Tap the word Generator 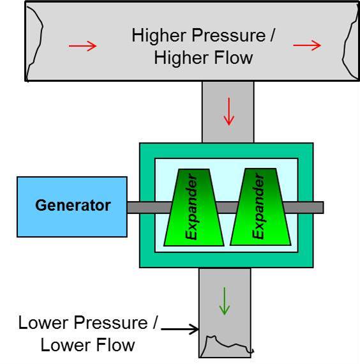click(x=73, y=206)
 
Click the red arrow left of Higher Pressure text click(x=83, y=45)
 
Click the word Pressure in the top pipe click(x=236, y=35)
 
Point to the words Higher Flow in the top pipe click(x=204, y=57)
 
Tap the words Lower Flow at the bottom click(x=87, y=345)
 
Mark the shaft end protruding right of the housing click(x=318, y=208)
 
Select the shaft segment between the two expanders click(x=226, y=208)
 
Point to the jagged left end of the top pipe click(x=33, y=42)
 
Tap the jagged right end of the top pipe click(x=349, y=42)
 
